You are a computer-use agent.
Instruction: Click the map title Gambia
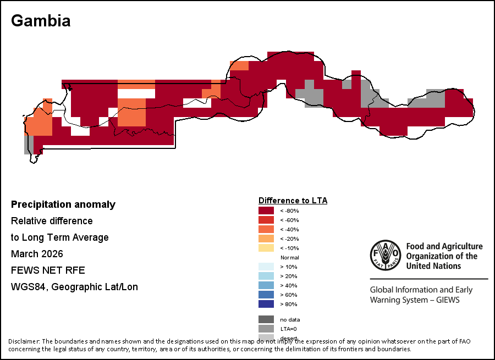tap(41, 21)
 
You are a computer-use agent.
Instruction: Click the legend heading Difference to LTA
tap(293, 201)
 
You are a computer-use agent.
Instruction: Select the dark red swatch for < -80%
tap(266, 211)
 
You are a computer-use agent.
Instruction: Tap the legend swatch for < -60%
tap(266, 220)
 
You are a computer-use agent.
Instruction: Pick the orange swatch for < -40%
tap(266, 229)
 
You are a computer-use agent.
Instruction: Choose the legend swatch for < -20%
tap(266, 239)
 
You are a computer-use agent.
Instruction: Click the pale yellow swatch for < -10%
tap(266, 248)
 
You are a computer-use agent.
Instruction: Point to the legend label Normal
tap(289, 258)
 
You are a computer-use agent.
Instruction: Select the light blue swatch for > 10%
tap(266, 267)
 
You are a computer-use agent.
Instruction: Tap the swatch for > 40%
tap(266, 285)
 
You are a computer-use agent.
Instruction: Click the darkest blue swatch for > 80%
tap(266, 304)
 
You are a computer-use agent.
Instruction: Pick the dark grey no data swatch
tap(266, 319)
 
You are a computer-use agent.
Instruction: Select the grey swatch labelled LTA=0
tap(266, 329)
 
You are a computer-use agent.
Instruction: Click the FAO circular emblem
tap(384, 256)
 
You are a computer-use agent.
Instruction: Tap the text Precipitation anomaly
tap(63, 204)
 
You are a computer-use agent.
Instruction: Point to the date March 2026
tap(37, 254)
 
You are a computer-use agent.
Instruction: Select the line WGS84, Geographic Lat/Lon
tap(74, 287)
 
